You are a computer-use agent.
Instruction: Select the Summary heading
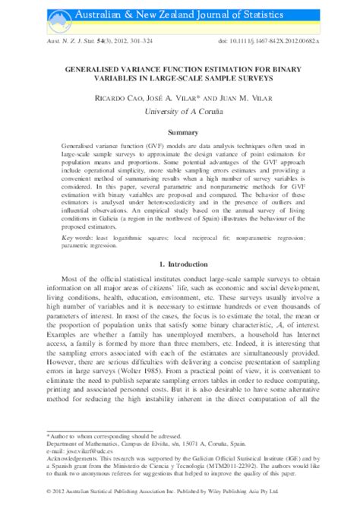180,132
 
